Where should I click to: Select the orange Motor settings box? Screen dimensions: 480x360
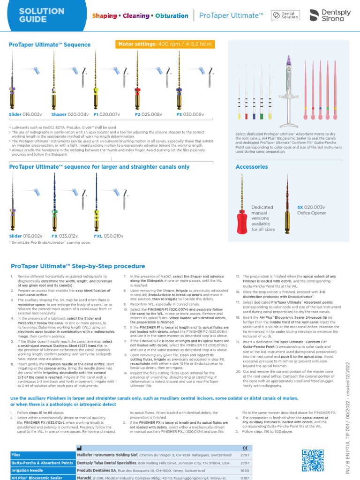pyautogui.click(x=165, y=44)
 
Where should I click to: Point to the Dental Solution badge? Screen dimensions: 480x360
pyautogui.click(x=286, y=15)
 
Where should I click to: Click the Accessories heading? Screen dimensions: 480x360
pyautogui.click(x=252, y=167)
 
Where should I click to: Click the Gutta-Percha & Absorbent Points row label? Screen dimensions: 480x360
pyautogui.click(x=41, y=463)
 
